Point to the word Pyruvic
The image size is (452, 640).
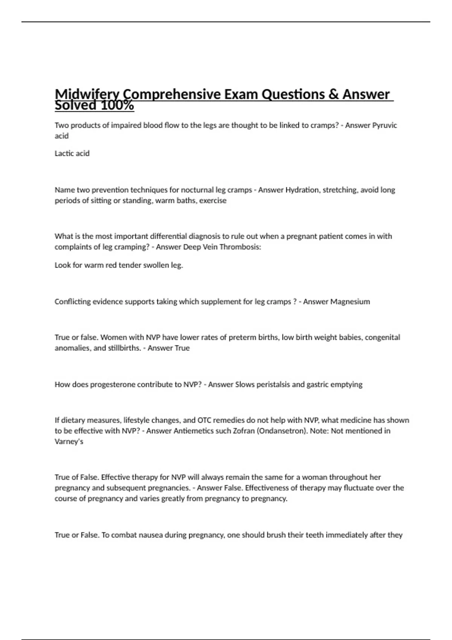point(385,125)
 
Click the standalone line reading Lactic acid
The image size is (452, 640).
point(72,153)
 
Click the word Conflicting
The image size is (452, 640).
point(73,302)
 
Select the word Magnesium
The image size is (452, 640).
point(350,302)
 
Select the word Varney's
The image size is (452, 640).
point(69,441)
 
